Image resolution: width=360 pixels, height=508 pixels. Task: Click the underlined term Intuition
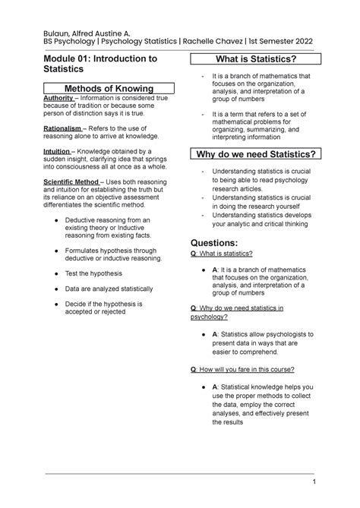point(58,150)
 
